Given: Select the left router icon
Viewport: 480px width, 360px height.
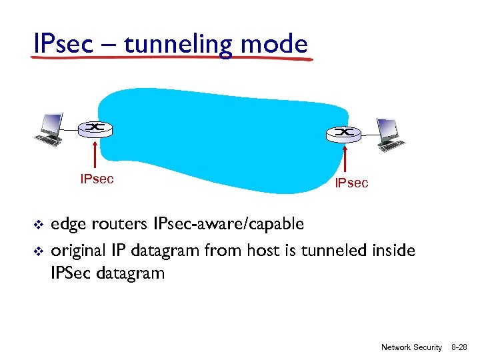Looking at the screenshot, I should point(95,128).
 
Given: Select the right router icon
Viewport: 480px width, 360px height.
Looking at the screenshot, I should point(344,133).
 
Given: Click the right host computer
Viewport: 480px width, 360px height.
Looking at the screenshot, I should point(388,135).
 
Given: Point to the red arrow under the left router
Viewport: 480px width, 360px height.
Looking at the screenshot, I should point(97,153).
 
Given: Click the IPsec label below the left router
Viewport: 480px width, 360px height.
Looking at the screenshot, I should point(97,179).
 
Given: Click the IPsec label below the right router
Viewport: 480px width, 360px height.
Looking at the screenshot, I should point(351,183).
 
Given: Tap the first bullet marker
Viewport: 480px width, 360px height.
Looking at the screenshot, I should point(37,225).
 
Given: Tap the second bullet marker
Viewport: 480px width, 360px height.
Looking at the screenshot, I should point(37,251).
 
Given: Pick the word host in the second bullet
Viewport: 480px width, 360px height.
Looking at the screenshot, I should point(266,251).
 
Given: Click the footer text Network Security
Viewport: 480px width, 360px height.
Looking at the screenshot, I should point(411,347).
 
